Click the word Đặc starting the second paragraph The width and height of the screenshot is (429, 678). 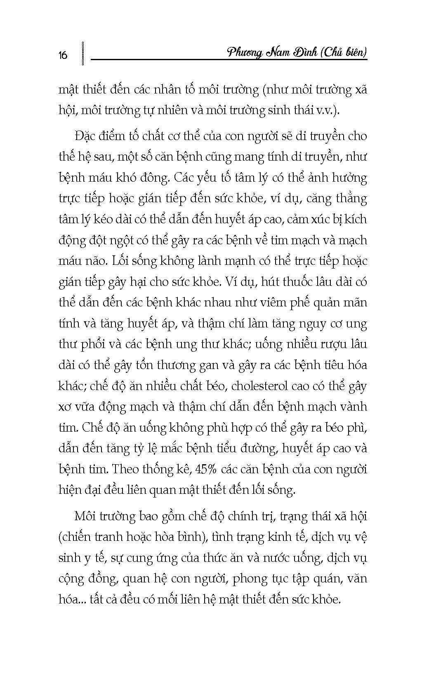pos(85,136)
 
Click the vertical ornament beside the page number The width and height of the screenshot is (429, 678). pos(83,53)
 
